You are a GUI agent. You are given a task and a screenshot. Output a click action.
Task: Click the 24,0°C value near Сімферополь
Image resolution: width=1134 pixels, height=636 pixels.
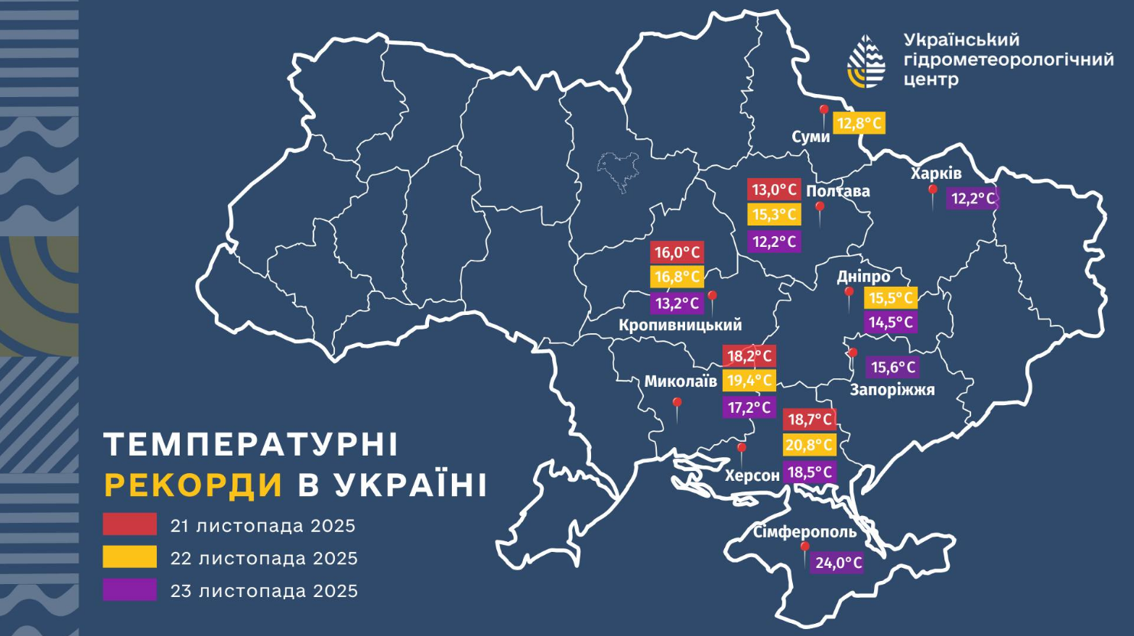pos(838,563)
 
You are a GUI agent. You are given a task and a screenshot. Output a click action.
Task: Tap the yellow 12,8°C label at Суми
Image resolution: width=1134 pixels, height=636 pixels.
pos(859,123)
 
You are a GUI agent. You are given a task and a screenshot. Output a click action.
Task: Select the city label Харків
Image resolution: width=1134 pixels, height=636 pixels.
pos(936,174)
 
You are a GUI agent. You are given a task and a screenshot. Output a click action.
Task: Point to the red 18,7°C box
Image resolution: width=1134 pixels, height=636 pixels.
pos(810,420)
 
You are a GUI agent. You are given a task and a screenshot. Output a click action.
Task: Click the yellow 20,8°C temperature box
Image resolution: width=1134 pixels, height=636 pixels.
pos(810,445)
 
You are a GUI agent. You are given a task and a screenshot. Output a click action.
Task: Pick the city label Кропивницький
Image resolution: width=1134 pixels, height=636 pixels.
pos(680,325)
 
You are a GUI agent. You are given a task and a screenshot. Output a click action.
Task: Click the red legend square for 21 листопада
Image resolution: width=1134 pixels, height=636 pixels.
pos(130,524)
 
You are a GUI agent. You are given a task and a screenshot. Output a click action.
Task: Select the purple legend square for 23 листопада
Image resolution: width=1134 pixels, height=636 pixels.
pos(130,590)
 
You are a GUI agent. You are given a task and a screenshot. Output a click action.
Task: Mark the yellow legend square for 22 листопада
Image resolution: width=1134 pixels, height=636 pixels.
pos(130,557)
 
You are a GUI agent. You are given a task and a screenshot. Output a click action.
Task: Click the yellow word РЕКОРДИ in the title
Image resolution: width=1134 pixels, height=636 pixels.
pos(193,485)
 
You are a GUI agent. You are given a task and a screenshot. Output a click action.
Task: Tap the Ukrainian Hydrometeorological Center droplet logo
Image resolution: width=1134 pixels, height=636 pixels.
pos(867,61)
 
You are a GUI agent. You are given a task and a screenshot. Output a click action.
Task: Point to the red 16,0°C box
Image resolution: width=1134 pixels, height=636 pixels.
pos(677,252)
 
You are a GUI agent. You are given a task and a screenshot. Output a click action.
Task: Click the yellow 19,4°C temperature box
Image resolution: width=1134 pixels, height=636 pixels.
pos(749,381)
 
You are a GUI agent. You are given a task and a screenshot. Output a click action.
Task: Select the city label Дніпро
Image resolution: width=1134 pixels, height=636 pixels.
pos(863,277)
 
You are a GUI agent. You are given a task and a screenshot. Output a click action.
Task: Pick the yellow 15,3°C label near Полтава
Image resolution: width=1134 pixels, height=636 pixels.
pos(774,215)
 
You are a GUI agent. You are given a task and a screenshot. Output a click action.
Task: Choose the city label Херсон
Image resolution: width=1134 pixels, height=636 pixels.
pos(752,475)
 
